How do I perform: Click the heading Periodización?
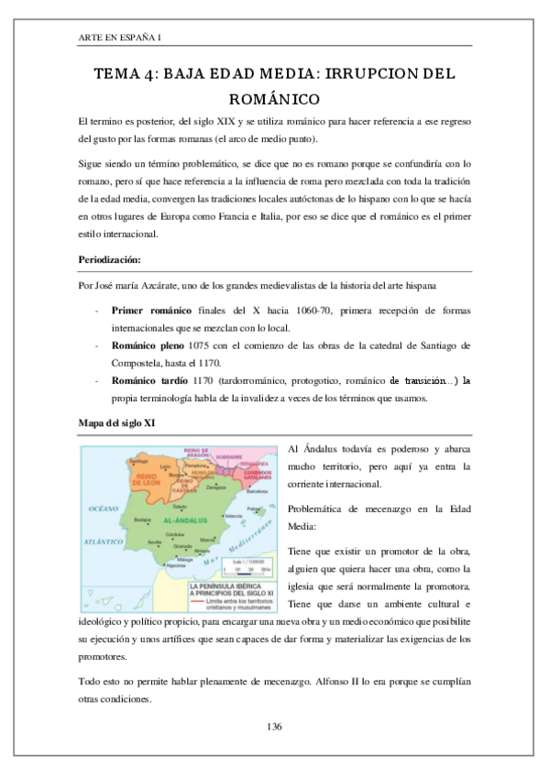point(111,259)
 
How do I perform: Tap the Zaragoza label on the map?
point(216,487)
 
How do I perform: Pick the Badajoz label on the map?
point(142,520)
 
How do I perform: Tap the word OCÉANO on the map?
point(102,507)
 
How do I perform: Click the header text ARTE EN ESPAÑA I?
point(120,37)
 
